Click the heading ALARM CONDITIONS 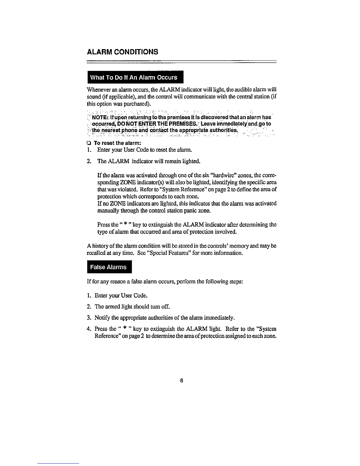coord(123,52)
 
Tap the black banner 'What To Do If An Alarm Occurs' coord(134,78)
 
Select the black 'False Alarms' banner coord(109,267)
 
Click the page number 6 coord(182,381)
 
